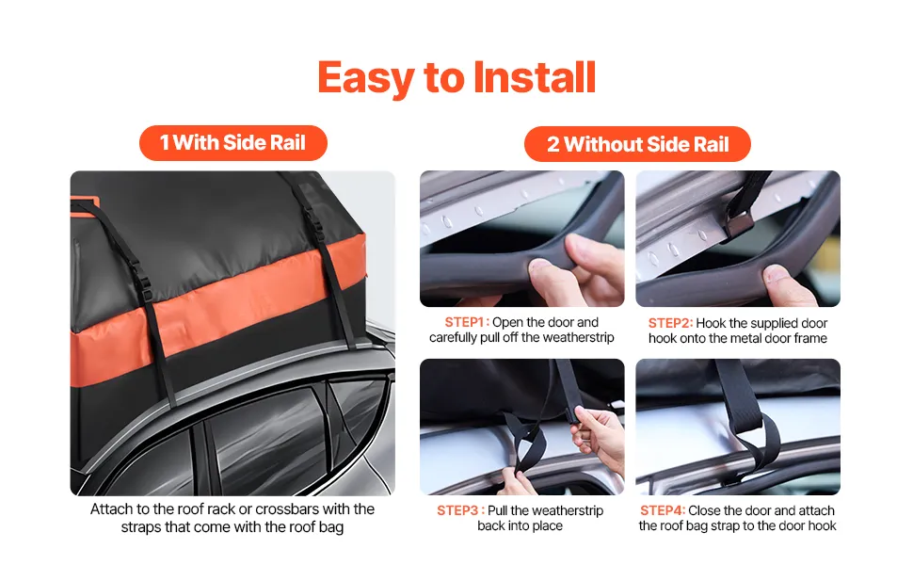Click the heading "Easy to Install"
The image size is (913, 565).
pos(456,77)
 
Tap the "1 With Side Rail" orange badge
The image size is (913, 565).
pos(232,143)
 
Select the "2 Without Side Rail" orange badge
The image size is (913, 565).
pos(637,144)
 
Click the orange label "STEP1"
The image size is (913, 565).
pos(464,322)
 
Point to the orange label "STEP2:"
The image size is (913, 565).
pos(670,323)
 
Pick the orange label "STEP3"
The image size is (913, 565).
pos(457,510)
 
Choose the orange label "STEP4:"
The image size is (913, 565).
pos(663,510)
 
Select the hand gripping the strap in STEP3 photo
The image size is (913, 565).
pos(600,437)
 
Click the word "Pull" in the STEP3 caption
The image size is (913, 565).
pos(498,510)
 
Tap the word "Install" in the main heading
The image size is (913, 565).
pos(535,77)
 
